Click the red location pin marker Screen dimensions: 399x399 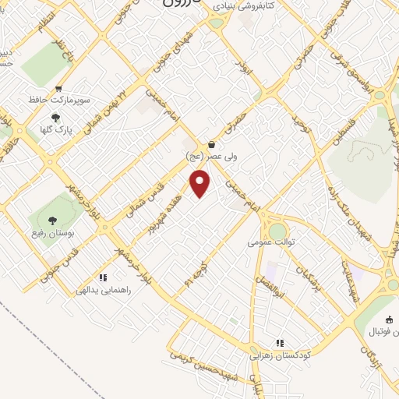coord(200,183)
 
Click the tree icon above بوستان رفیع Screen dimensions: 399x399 coord(51,221)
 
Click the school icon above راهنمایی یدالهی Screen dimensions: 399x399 coord(102,277)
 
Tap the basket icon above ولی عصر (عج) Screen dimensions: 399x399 coord(212,143)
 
